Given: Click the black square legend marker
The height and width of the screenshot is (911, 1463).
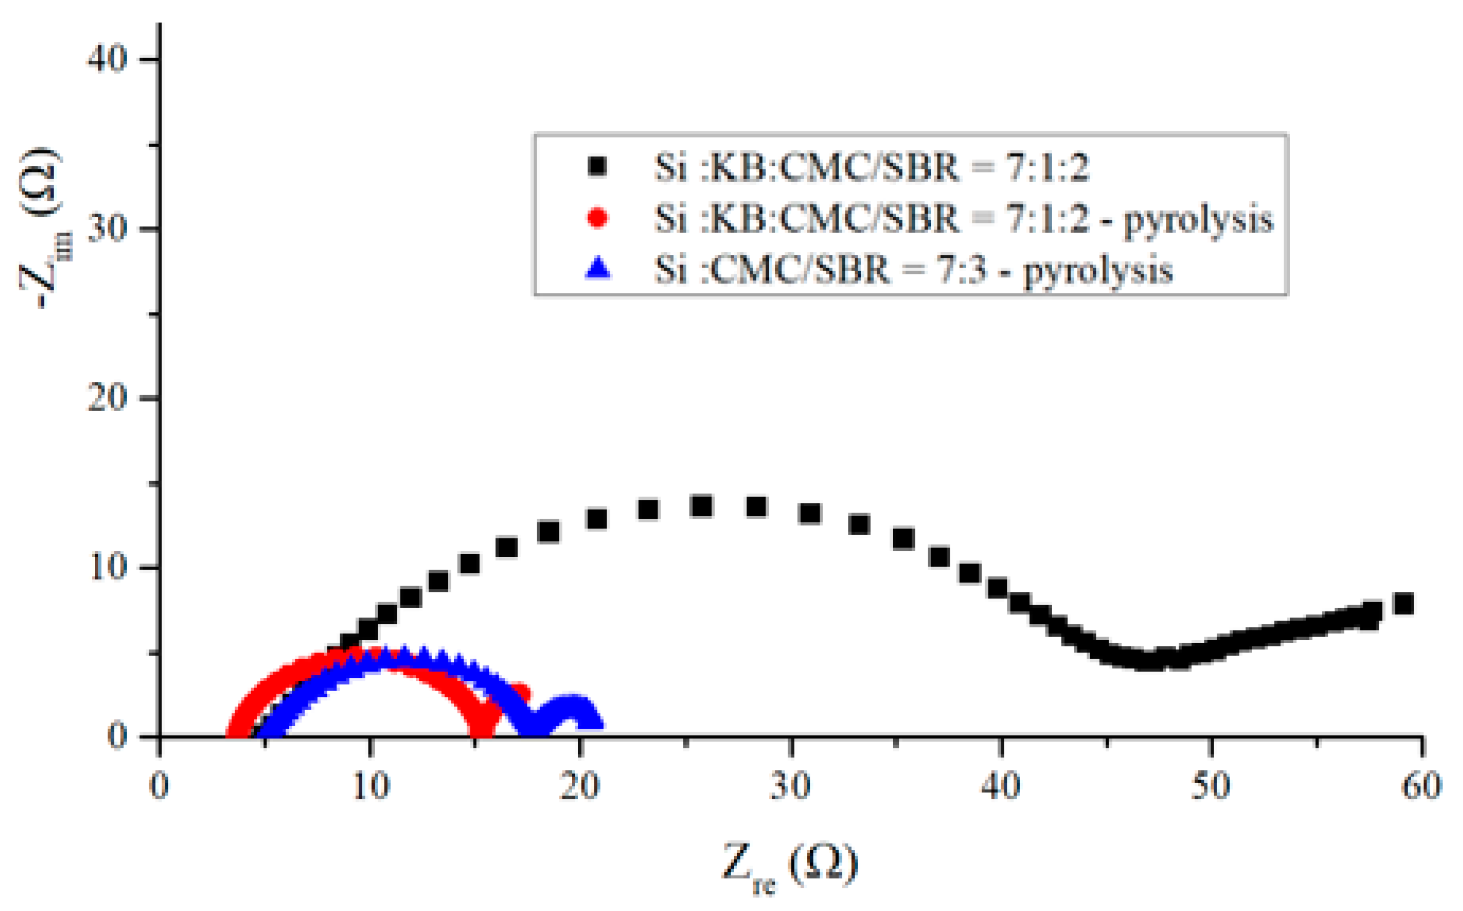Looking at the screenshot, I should [x=597, y=166].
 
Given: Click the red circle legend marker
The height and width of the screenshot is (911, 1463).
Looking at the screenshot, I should [x=597, y=217].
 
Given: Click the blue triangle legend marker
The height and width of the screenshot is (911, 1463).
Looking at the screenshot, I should [x=597, y=269].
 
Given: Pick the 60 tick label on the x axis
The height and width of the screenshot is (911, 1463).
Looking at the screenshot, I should [x=1422, y=787].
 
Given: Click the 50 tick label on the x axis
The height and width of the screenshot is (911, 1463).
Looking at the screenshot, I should [x=1211, y=787].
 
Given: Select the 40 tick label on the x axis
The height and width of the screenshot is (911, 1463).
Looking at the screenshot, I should [x=1001, y=787].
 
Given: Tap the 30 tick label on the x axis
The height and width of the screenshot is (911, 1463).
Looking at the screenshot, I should [x=790, y=787].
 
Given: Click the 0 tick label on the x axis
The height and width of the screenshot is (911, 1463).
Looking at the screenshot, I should [x=159, y=787].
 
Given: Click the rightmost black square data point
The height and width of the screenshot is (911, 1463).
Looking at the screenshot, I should [x=1404, y=604].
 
